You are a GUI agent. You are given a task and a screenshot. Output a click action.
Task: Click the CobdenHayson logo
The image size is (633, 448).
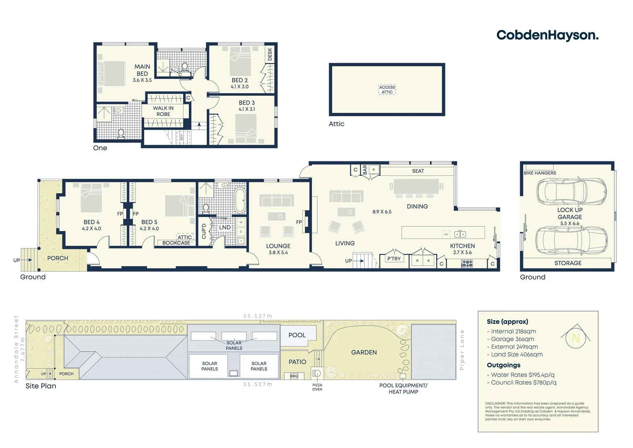pyautogui.click(x=547, y=35)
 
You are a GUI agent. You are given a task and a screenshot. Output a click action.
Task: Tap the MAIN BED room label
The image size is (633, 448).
pyautogui.click(x=142, y=70)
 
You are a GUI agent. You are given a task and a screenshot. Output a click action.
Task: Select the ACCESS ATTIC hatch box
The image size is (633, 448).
pyautogui.click(x=387, y=90)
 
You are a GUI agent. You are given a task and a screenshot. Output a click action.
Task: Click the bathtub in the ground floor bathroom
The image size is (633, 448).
pyautogui.click(x=240, y=201)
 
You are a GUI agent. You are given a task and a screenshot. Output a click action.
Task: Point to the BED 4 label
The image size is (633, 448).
pyautogui.click(x=92, y=222)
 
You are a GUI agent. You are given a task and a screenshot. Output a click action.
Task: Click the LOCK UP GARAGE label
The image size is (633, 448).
pyautogui.click(x=570, y=213)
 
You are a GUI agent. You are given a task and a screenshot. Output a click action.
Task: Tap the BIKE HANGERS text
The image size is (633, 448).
pyautogui.click(x=540, y=173)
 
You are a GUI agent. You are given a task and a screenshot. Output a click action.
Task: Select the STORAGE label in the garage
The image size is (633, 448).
pyautogui.click(x=568, y=263)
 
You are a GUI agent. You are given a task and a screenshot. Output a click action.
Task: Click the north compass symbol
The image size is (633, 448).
pyautogui.click(x=575, y=337)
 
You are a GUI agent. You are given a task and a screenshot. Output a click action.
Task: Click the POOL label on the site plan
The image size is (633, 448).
pyautogui.click(x=297, y=335)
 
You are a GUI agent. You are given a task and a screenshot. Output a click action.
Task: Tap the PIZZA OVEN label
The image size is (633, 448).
pyautogui.click(x=317, y=387)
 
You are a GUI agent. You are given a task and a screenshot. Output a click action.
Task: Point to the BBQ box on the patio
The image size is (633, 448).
pyautogui.click(x=294, y=376)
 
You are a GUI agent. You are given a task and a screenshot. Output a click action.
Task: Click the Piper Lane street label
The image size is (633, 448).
pyautogui.click(x=462, y=350)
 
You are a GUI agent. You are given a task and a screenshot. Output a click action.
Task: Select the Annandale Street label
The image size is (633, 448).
pyautogui.click(x=17, y=349)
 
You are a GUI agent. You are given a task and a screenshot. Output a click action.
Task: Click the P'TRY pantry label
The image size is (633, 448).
pyautogui.click(x=394, y=259)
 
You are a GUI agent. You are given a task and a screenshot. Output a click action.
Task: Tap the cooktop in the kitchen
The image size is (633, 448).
pyautogui.click(x=467, y=263)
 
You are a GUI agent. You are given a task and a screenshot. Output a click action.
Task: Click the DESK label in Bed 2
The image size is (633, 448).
pyautogui.click(x=270, y=54)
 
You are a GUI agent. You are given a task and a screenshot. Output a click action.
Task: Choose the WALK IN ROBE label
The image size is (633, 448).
pyautogui.click(x=163, y=111)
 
